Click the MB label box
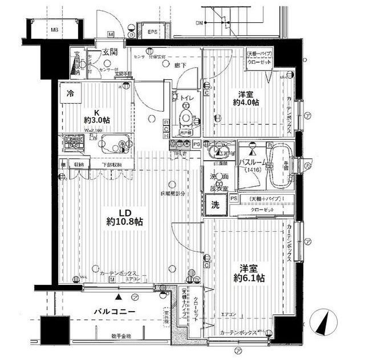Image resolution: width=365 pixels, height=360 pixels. point(54,30)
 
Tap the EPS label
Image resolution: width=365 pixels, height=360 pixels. point(152,32)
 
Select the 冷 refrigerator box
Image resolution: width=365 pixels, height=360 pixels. point(71,94)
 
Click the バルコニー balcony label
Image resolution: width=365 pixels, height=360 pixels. point(114,312)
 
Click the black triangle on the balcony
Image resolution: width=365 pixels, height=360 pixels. point(118,297)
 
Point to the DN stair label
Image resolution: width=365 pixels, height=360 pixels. point(200,23)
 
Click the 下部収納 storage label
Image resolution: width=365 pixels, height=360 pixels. point(112,165)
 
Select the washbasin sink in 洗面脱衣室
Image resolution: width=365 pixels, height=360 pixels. point(217,152)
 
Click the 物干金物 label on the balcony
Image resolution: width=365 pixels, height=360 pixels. point(121,336)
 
